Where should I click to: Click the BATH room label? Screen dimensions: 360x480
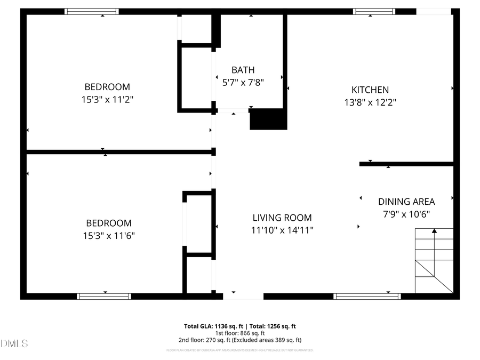[x=243, y=70]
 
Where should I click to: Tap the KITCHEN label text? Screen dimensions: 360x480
[x=370, y=90]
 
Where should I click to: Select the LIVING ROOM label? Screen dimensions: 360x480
[x=282, y=218]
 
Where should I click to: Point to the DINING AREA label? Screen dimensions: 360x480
[x=406, y=202]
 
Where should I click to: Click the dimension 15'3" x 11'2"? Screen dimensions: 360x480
[x=107, y=99]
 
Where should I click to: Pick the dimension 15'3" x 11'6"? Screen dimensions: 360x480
[x=108, y=235]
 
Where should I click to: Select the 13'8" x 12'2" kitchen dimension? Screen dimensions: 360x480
[x=370, y=102]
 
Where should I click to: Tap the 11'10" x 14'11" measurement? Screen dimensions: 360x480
[x=282, y=230]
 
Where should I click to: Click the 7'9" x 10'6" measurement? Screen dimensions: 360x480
[x=406, y=214]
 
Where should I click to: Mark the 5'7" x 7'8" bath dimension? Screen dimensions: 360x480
[x=243, y=82]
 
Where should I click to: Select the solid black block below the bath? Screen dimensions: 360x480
[x=268, y=119]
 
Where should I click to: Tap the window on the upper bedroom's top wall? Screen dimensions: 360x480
[x=92, y=11]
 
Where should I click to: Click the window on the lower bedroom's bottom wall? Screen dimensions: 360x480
[x=104, y=296]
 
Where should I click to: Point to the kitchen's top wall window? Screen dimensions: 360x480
[x=374, y=11]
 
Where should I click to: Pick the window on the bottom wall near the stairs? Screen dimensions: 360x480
[x=367, y=296]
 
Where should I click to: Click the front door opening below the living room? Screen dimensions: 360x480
[x=243, y=296]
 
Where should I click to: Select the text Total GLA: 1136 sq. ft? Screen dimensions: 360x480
[x=211, y=326]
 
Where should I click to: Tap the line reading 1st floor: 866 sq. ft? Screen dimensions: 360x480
[x=239, y=333]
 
